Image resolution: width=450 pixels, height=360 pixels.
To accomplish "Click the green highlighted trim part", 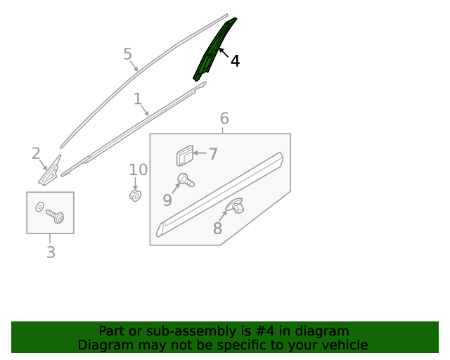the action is (x=214, y=50).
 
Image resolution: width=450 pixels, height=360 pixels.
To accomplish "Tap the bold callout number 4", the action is (x=235, y=61).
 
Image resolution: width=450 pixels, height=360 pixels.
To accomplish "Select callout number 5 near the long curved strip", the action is (x=128, y=54).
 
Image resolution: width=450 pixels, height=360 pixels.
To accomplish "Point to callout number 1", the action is (x=138, y=98).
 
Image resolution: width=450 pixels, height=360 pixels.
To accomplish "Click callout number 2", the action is (x=36, y=153).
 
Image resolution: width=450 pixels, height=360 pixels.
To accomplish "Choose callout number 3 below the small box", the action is (x=51, y=252).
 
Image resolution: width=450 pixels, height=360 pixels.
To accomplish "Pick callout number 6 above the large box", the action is (x=224, y=118).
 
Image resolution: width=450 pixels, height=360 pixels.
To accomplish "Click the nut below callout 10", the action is (x=135, y=195).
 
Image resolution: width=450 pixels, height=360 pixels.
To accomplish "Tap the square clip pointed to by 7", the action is (x=185, y=155).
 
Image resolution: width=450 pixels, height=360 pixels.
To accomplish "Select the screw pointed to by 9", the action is (x=186, y=180).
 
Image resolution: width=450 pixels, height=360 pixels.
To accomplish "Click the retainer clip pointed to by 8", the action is (x=235, y=205).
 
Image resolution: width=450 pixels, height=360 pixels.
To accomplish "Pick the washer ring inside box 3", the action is (x=39, y=207).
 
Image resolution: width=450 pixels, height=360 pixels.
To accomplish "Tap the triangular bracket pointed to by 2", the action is (x=49, y=172).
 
